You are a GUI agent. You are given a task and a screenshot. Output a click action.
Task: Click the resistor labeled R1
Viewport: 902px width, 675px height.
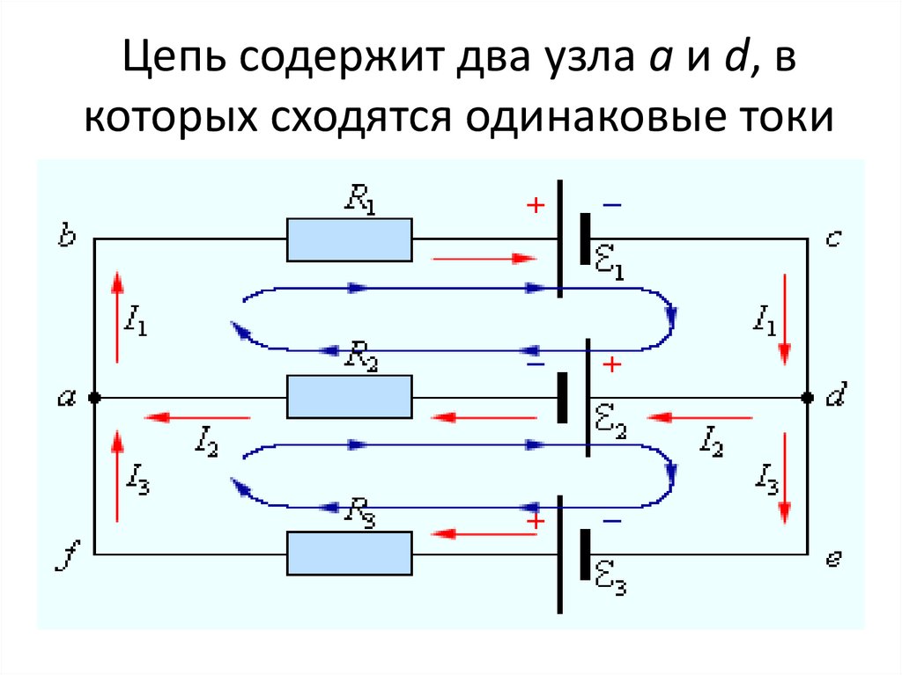[350, 239]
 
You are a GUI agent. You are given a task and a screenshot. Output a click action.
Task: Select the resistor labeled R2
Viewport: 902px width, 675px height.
[350, 397]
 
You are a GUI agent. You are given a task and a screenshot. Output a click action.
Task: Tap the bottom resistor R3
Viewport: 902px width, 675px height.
[350, 554]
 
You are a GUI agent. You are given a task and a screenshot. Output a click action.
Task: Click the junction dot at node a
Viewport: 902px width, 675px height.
[95, 398]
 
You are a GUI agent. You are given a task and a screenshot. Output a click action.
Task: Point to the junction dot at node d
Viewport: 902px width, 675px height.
[807, 398]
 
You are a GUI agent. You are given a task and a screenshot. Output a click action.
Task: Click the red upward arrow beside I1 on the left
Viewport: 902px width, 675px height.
[116, 317]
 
